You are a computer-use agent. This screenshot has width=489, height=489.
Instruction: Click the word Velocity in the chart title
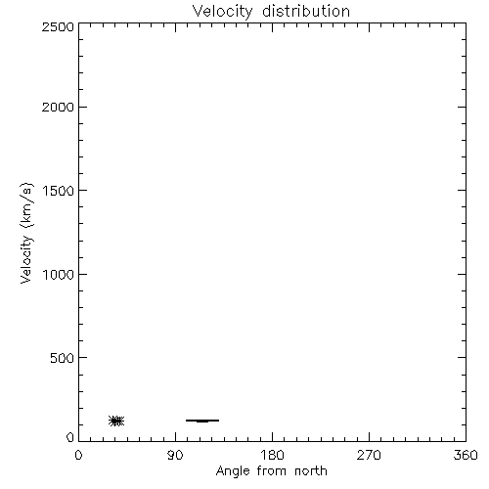coord(223,12)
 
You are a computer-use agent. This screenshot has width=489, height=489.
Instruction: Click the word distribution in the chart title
coord(306,11)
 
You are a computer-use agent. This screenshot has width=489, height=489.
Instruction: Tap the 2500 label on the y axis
coord(58,26)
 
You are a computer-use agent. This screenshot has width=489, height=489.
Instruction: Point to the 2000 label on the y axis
coord(58,108)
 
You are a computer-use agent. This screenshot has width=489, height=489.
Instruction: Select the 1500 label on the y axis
coord(59,191)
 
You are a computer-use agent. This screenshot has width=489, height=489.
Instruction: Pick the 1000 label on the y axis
coord(59,275)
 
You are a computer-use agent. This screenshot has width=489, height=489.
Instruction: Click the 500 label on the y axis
coord(63,358)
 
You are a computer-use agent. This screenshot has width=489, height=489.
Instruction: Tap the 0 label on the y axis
coord(70,437)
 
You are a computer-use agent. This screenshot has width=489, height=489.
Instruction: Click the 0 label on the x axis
coord(78,455)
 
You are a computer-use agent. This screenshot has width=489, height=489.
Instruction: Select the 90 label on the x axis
coord(175,455)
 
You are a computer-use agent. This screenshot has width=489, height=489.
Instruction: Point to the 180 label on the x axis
coord(272,455)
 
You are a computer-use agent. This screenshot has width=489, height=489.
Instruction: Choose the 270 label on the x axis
coord(369,455)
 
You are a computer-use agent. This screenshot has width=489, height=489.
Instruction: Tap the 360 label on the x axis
coord(466,455)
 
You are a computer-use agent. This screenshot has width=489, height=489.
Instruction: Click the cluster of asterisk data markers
coord(116,421)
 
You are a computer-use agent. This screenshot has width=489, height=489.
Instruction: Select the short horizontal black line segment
coord(202,421)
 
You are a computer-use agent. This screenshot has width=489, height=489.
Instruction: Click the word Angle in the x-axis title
coord(233,471)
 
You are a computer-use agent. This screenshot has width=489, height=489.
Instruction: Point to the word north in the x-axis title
coord(311,470)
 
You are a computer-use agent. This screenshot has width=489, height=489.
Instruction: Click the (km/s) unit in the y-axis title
coord(26,205)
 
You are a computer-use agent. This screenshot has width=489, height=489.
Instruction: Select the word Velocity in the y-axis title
coord(26,259)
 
